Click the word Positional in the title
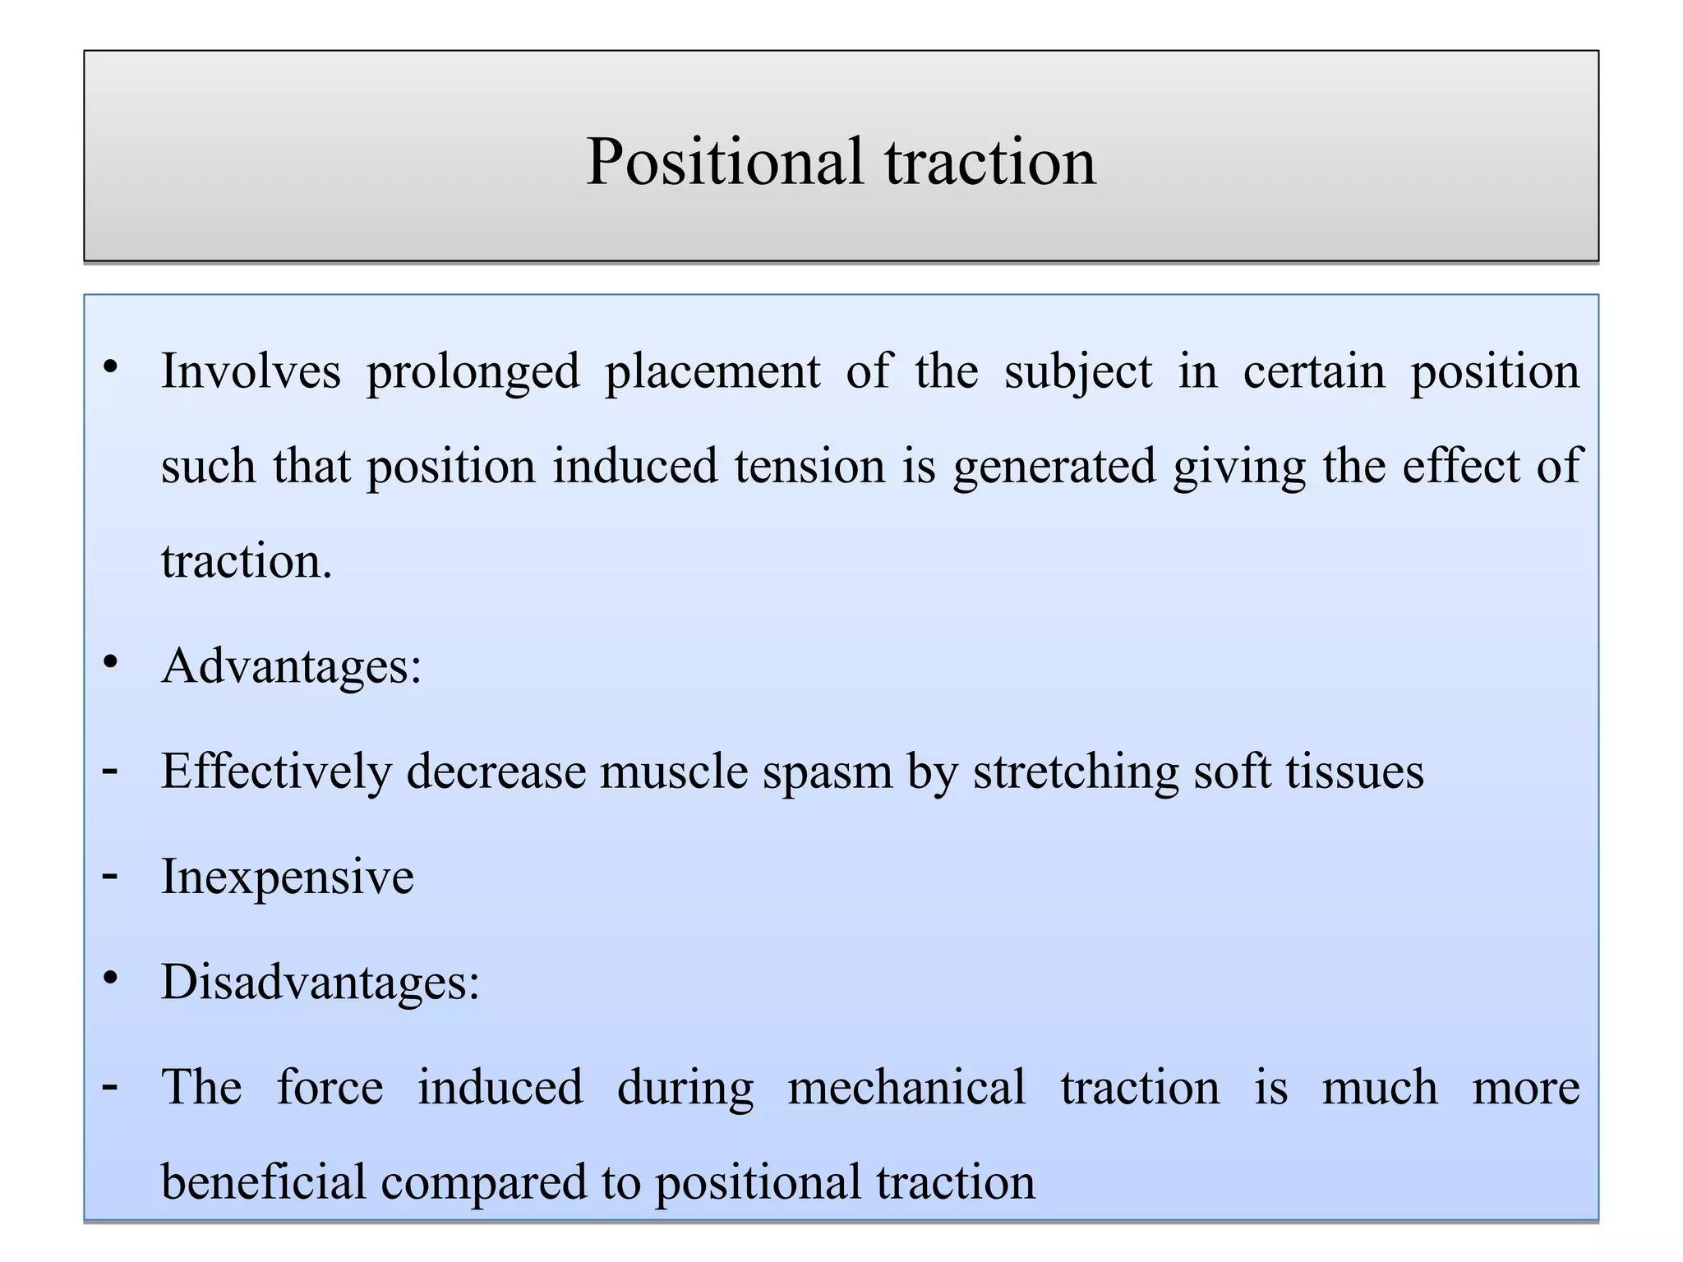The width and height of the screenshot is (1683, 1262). [724, 162]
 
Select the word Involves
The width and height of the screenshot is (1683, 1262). [251, 371]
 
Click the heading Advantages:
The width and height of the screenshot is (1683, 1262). [291, 666]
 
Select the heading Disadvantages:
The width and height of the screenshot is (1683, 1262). [320, 982]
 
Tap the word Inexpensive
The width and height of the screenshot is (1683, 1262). [288, 877]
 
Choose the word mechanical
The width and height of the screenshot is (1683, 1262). [906, 1088]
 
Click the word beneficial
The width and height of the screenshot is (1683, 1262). [263, 1182]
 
